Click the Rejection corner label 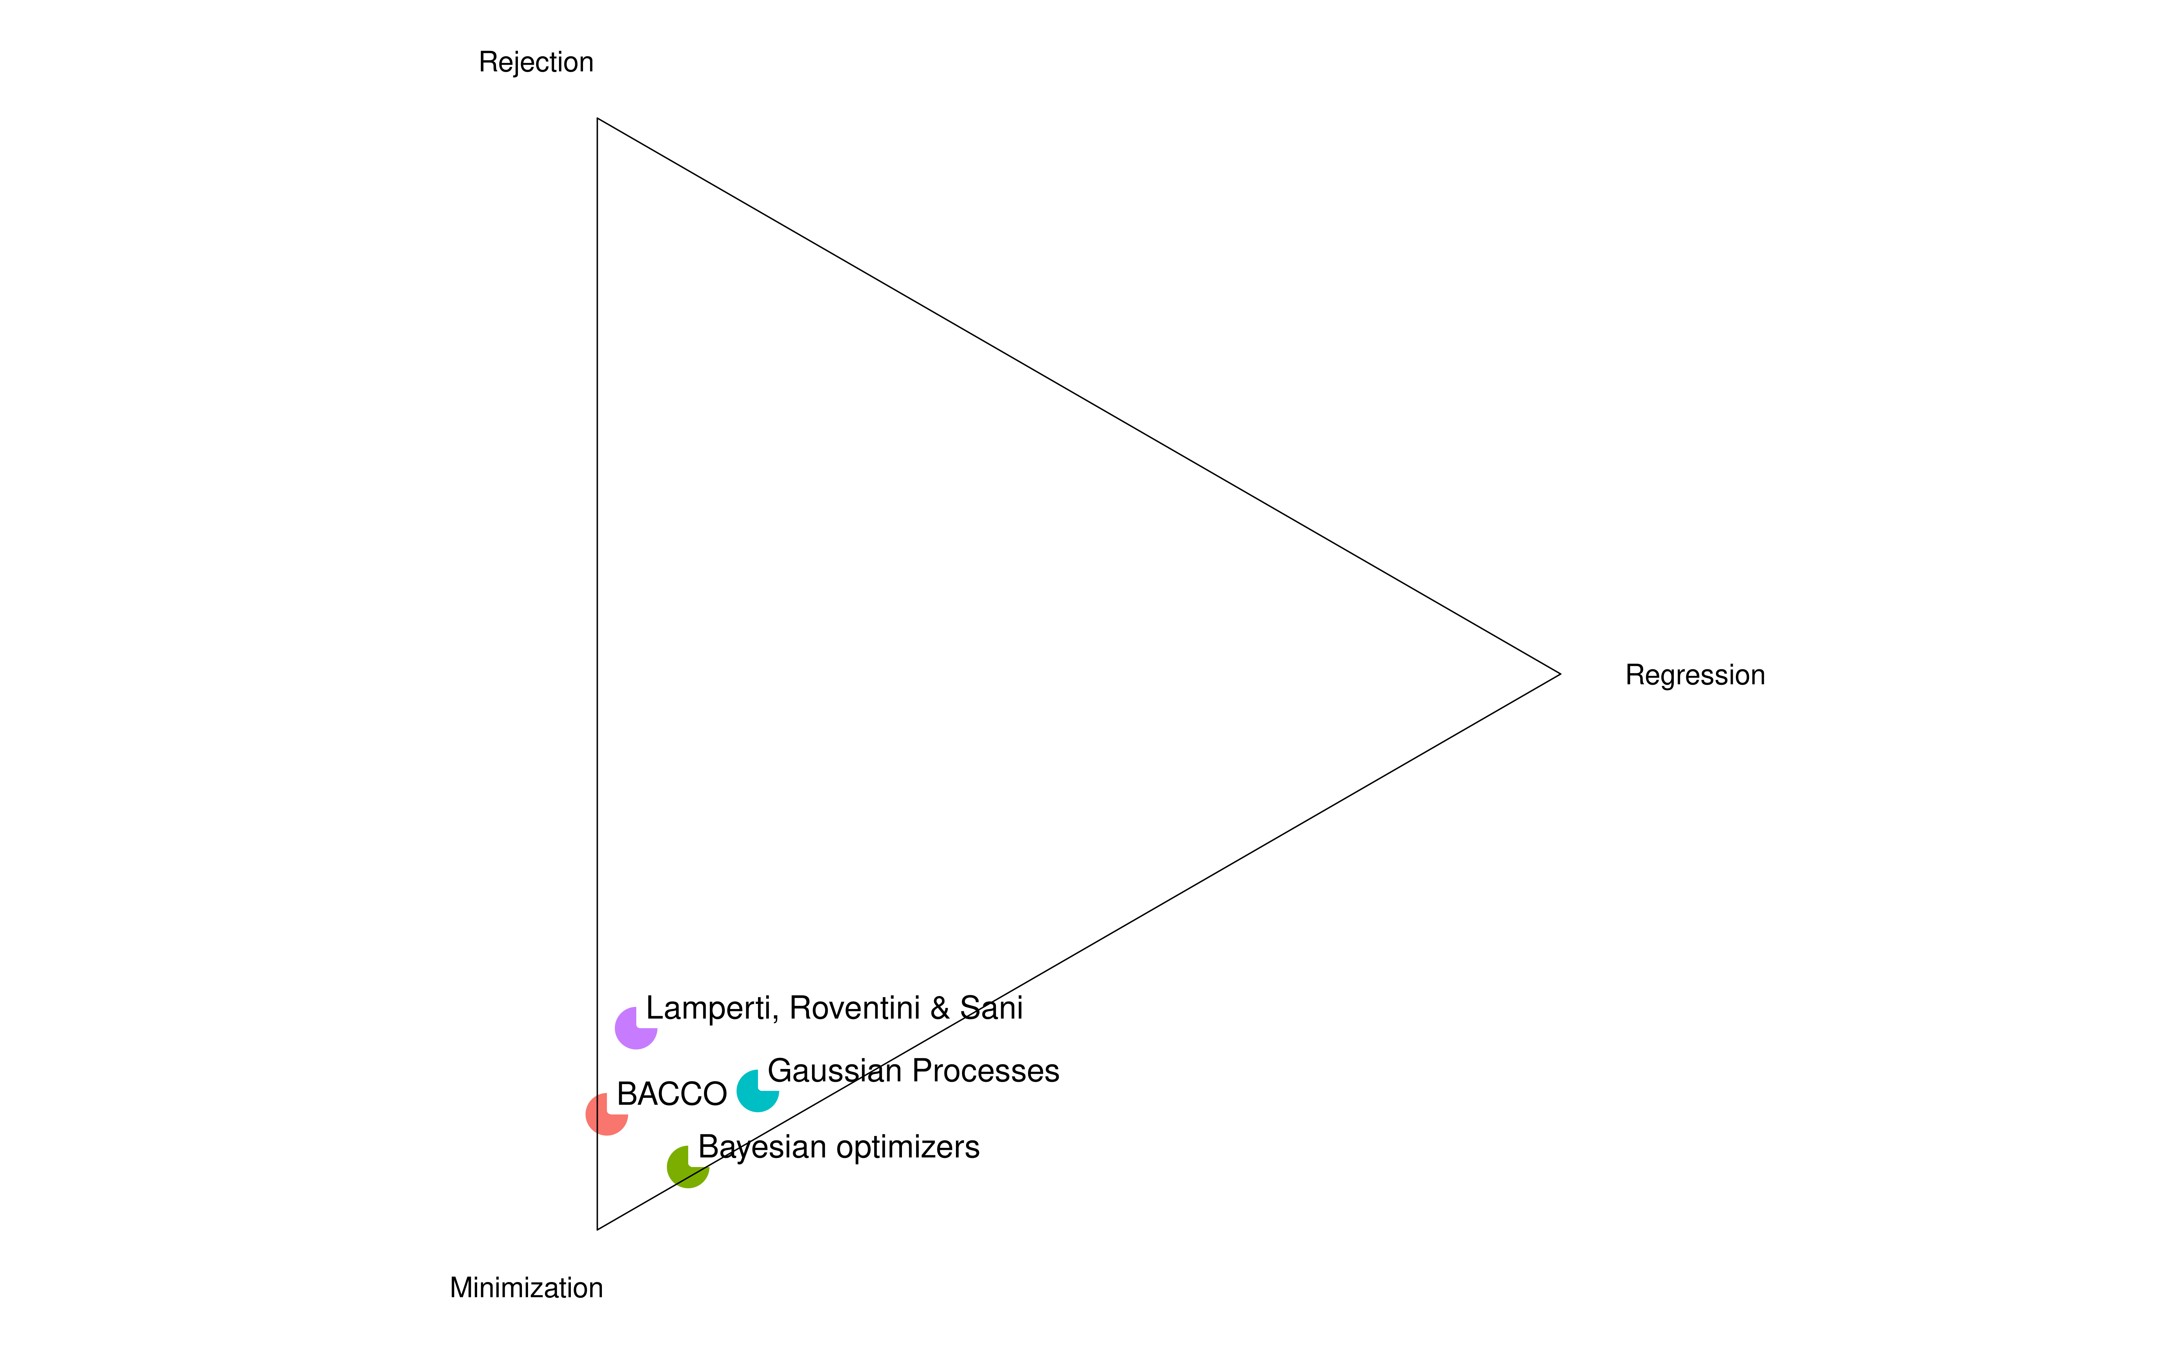coord(536,62)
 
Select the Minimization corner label coord(526,1288)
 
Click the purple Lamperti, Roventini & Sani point coord(636,1028)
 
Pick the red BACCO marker coord(606,1113)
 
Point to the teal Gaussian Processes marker coord(757,1090)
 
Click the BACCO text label coord(671,1094)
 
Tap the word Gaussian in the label coord(835,1071)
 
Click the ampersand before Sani coord(940,1008)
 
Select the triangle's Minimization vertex coord(597,1229)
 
